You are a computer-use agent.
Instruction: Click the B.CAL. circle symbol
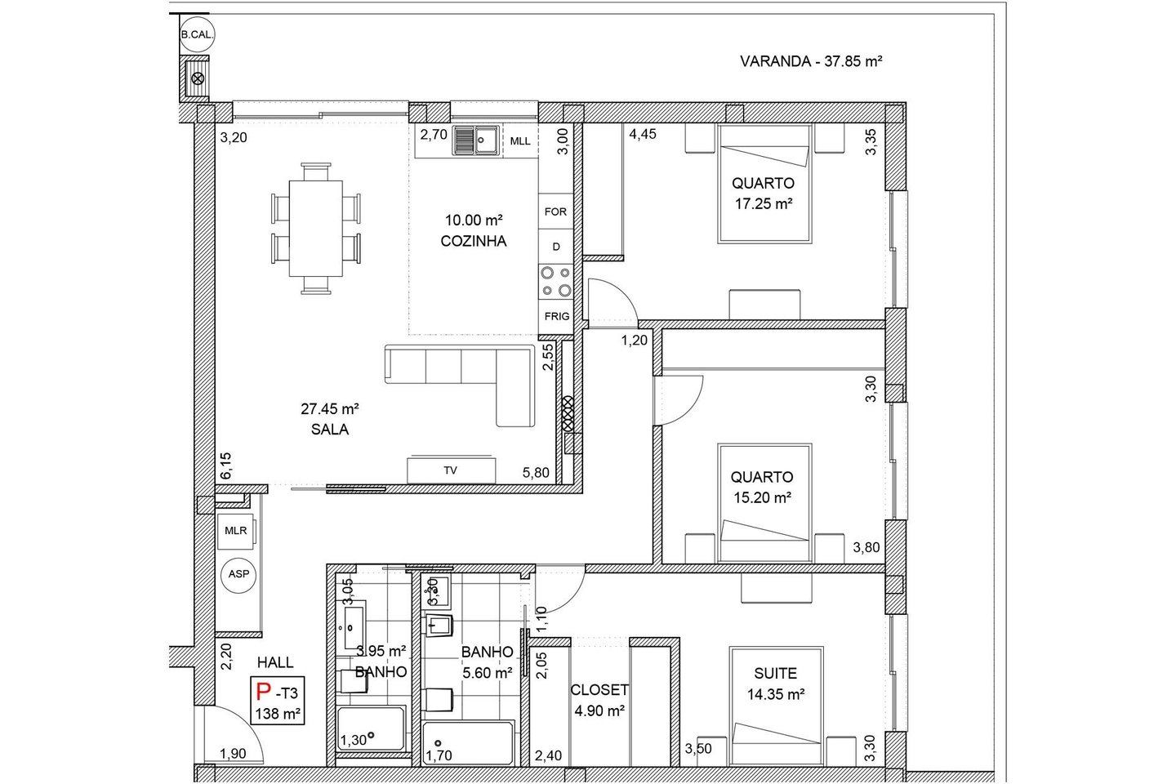pos(197,34)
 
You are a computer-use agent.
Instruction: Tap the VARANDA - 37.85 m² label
pos(811,61)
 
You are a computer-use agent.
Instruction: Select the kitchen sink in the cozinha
pos(476,140)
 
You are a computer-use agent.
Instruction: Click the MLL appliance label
pos(520,141)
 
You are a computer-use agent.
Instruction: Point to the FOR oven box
pos(555,212)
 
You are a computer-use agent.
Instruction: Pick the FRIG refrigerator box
pos(556,317)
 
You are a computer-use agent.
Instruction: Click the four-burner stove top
pos(556,282)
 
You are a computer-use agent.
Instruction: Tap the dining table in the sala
pos(316,229)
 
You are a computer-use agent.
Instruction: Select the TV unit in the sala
pos(451,470)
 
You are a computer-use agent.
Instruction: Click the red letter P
pos(263,691)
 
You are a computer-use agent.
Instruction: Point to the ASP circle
pos(238,575)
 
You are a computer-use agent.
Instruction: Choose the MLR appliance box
pos(236,531)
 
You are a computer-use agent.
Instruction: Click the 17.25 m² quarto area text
pos(763,203)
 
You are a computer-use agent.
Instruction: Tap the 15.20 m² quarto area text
pos(762,497)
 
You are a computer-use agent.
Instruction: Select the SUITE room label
pos(776,673)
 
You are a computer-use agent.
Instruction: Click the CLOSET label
pos(599,690)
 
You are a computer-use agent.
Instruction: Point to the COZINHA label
pos(473,241)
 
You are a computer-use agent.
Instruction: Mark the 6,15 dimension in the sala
pos(225,465)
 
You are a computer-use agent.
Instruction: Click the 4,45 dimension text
pos(643,135)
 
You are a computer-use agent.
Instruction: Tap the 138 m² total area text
pos(278,714)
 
